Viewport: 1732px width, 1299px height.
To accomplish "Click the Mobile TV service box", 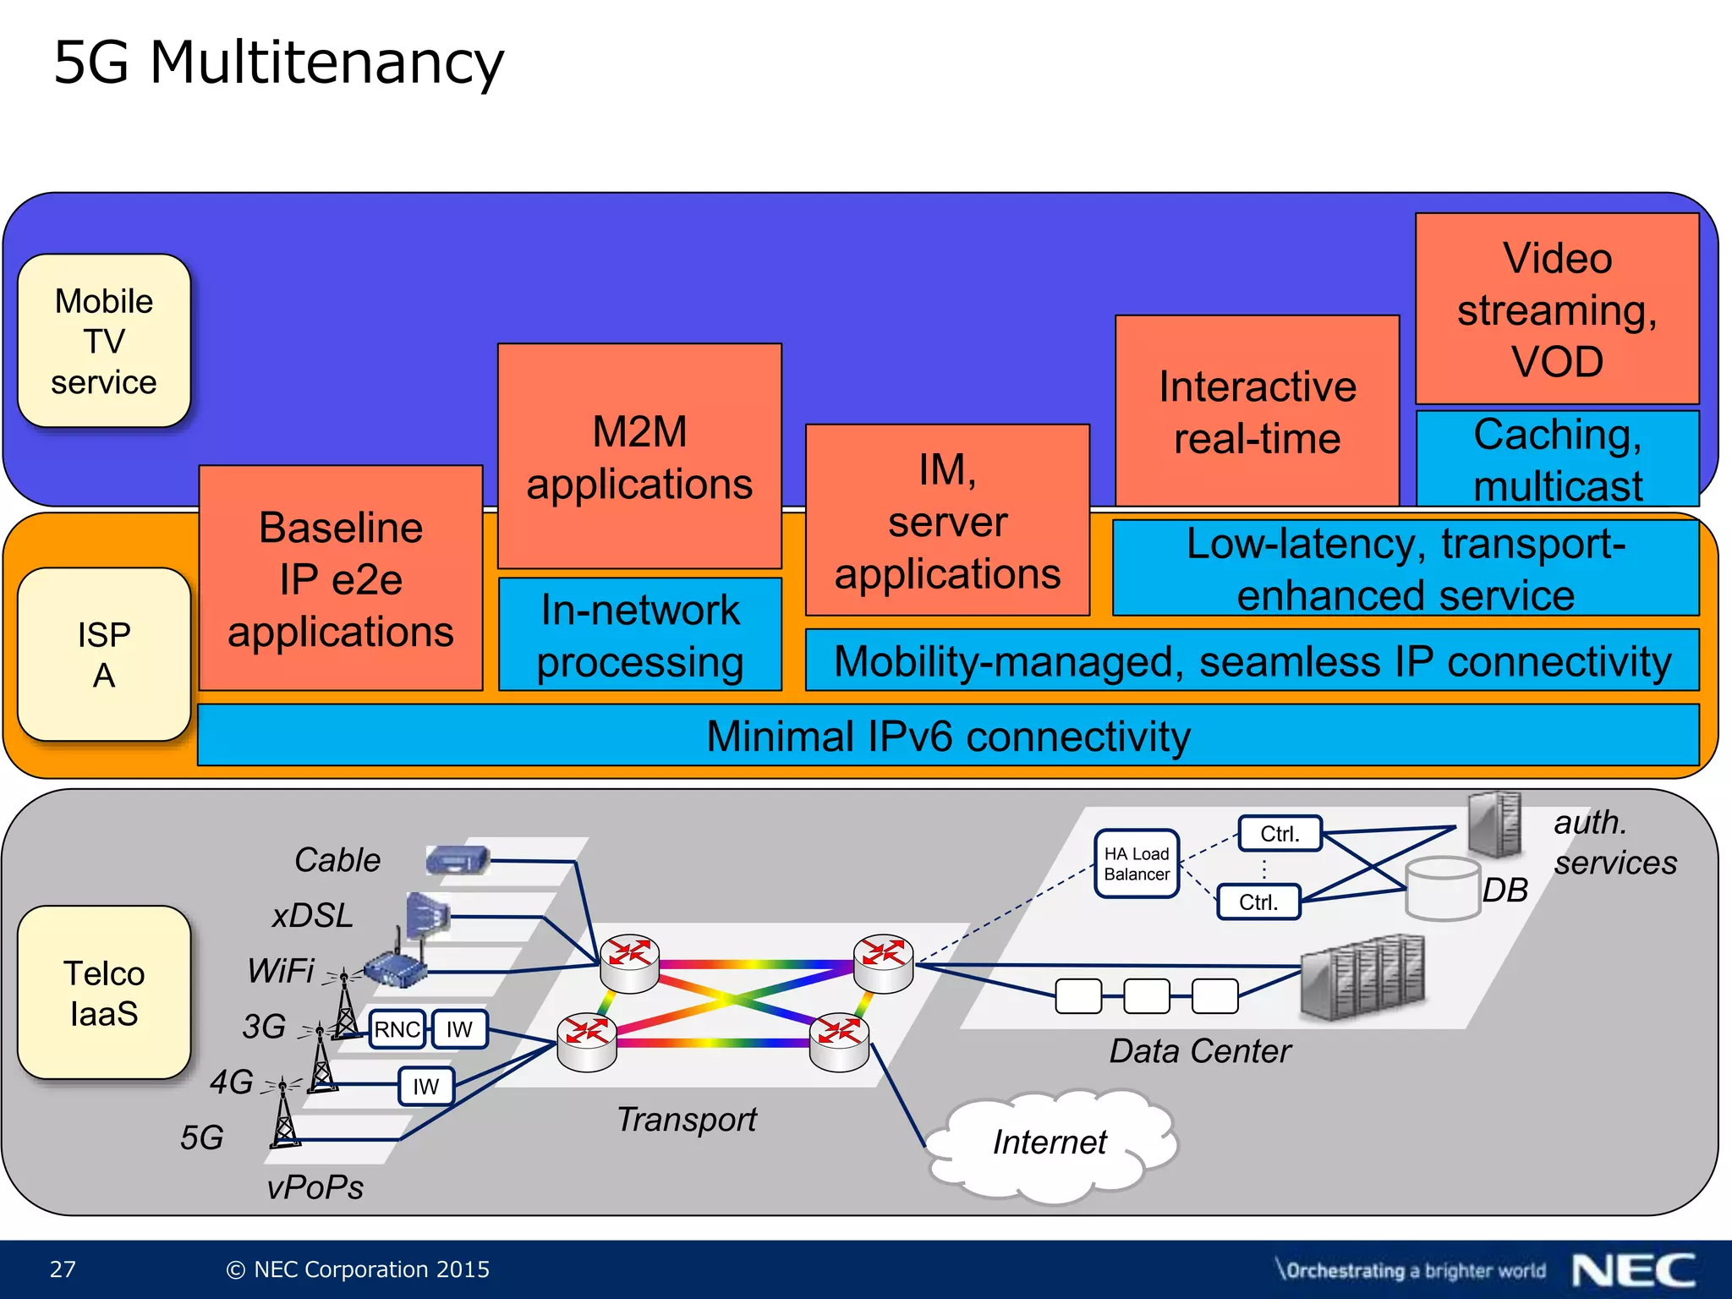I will (104, 341).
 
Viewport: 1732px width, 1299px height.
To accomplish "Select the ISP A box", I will (104, 655).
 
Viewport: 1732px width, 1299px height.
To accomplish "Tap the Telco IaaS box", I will (104, 993).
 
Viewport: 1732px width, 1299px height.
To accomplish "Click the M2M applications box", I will (639, 457).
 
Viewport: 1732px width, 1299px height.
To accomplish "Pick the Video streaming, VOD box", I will (1557, 310).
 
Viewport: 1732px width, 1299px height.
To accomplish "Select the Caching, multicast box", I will (1557, 459).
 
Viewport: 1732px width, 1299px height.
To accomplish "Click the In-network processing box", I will (640, 635).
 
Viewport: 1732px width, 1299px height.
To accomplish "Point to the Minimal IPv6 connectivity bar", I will (947, 736).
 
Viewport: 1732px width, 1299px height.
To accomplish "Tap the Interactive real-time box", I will (1257, 412).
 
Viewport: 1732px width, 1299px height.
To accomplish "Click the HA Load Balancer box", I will (1136, 863).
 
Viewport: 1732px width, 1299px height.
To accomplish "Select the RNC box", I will (397, 1029).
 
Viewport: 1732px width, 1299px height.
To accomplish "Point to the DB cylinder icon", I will (1442, 889).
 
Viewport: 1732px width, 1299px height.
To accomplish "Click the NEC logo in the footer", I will (1633, 1270).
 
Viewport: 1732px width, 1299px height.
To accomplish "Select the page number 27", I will (63, 1269).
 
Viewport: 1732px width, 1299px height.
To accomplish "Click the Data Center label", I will (1199, 1051).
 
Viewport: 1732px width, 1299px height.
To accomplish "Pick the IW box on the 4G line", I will (425, 1087).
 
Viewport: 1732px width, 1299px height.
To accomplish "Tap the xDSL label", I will (312, 916).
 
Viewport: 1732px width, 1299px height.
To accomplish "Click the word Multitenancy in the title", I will (326, 63).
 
